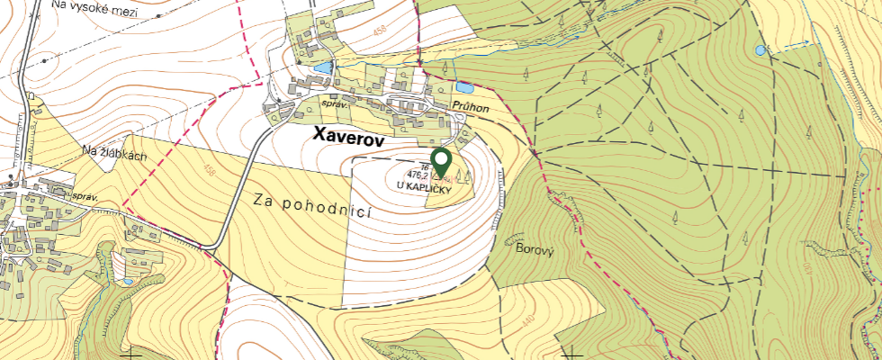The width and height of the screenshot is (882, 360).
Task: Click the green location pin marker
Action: coord(441,163)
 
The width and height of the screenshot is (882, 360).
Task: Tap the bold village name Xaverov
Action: coord(348,136)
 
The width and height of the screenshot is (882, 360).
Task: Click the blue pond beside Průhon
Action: coord(464,87)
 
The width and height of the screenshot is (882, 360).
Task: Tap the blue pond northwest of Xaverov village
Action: coord(321,67)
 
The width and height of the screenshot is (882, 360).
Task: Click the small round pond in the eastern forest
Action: coord(761,50)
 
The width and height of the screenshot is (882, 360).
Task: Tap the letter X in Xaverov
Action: coord(319,136)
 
